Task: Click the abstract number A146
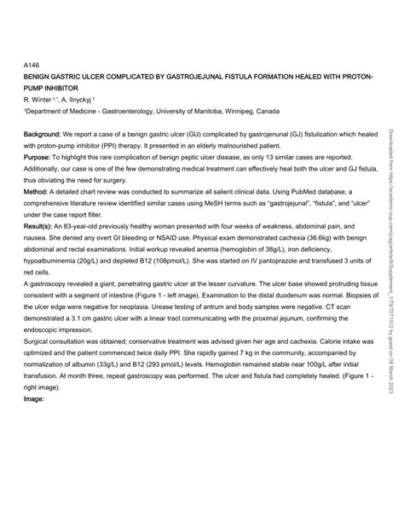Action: [x=32, y=63]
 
